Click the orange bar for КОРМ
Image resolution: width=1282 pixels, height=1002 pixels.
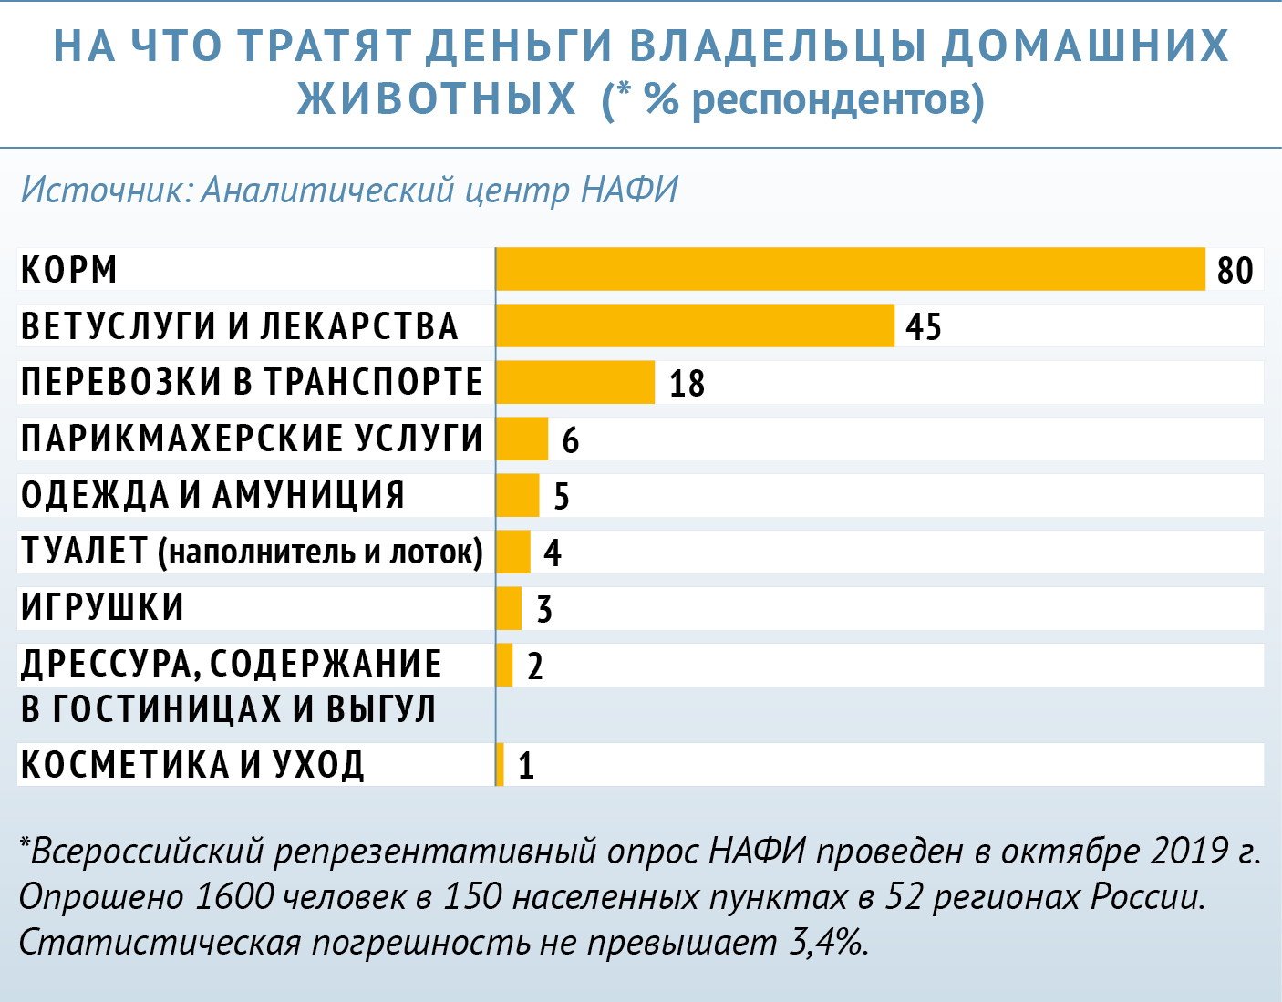(x=850, y=269)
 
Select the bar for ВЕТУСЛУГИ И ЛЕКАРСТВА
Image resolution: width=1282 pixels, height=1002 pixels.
(x=695, y=325)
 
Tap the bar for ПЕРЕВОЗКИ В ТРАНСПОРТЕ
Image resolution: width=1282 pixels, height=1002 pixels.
(x=575, y=382)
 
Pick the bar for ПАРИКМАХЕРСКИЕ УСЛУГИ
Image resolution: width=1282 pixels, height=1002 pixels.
(x=522, y=439)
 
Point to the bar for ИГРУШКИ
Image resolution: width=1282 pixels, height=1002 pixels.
(x=509, y=608)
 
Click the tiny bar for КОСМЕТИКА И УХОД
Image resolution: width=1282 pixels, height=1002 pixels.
(x=500, y=764)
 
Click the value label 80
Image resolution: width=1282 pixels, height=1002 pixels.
(x=1235, y=271)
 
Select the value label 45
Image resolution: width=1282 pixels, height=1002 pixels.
(x=923, y=327)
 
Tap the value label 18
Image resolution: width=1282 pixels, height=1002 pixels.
(x=687, y=384)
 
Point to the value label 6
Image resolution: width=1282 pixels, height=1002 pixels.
(x=570, y=440)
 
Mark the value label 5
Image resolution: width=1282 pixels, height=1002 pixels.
(x=562, y=497)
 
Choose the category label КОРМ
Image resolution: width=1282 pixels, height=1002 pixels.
(x=69, y=270)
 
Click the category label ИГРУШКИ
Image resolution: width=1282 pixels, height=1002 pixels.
(x=102, y=608)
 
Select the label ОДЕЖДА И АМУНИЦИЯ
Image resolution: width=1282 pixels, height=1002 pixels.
(x=212, y=495)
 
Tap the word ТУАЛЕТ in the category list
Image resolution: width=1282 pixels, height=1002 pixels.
(x=84, y=552)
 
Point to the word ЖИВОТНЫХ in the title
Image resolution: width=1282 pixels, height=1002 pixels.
(x=437, y=98)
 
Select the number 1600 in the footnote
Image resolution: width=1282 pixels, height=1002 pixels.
(x=234, y=897)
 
